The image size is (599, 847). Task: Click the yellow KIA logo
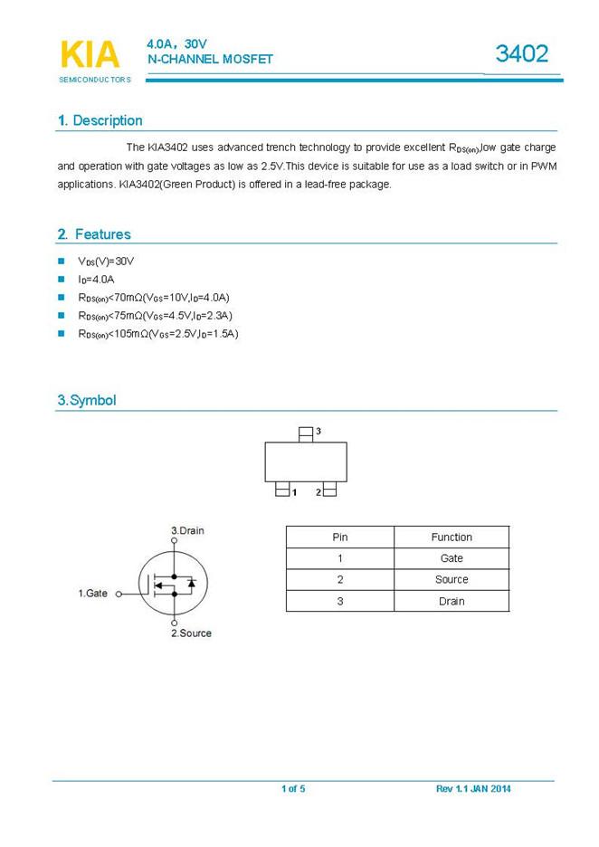pyautogui.click(x=90, y=54)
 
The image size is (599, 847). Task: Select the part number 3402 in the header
pyautogui.click(x=521, y=53)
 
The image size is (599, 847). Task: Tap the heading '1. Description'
pyautogui.click(x=100, y=120)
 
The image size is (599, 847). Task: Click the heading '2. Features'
pyautogui.click(x=94, y=234)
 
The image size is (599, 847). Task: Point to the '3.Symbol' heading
pyautogui.click(x=87, y=400)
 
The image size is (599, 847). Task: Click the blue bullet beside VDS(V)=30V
pyautogui.click(x=62, y=261)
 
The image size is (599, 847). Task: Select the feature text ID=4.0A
pyautogui.click(x=96, y=279)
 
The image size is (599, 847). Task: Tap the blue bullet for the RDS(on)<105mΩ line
pyautogui.click(x=62, y=333)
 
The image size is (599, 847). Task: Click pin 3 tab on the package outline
pyautogui.click(x=306, y=433)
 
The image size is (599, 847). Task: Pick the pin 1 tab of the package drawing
pyautogui.click(x=283, y=490)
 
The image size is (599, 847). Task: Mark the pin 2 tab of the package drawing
pyautogui.click(x=329, y=490)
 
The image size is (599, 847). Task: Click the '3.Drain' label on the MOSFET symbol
pyautogui.click(x=187, y=530)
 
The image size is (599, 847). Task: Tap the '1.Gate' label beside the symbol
pyautogui.click(x=92, y=594)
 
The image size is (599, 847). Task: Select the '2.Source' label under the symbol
pyautogui.click(x=191, y=633)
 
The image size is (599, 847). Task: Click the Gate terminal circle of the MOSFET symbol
pyautogui.click(x=119, y=595)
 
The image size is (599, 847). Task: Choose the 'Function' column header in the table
pyautogui.click(x=452, y=537)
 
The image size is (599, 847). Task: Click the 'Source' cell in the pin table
pyautogui.click(x=452, y=579)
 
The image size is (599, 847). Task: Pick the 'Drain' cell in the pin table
pyautogui.click(x=452, y=601)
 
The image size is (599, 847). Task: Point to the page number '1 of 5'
pyautogui.click(x=293, y=789)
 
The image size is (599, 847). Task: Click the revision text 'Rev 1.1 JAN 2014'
pyautogui.click(x=473, y=789)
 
